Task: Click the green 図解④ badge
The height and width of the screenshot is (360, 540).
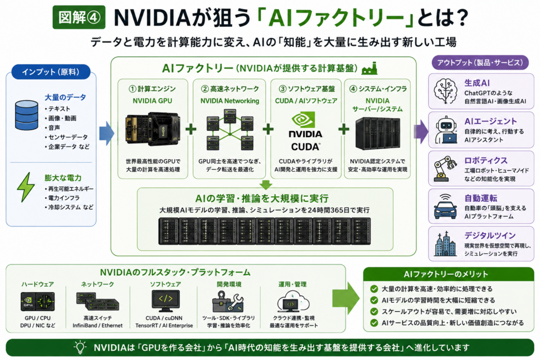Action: pyautogui.click(x=79, y=17)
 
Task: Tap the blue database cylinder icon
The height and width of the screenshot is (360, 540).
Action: pyautogui.click(x=26, y=115)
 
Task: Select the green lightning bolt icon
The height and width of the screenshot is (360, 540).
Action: pyautogui.click(x=26, y=187)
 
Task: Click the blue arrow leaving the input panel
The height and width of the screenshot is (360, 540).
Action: pyautogui.click(x=107, y=133)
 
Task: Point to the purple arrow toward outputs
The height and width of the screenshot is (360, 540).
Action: pyautogui.click(x=421, y=131)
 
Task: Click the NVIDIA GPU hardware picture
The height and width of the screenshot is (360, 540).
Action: pyautogui.click(x=153, y=130)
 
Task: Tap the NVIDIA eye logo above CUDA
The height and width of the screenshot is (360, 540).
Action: pyautogui.click(x=303, y=120)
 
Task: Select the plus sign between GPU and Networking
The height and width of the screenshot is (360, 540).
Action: pyautogui.click(x=191, y=130)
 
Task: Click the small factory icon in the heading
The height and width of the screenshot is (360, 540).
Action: pyautogui.click(x=370, y=68)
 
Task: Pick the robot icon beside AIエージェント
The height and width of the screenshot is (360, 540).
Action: pyautogui.click(x=446, y=130)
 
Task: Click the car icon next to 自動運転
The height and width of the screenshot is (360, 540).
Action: pyautogui.click(x=445, y=206)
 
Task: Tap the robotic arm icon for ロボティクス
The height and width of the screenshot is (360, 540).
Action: pyautogui.click(x=445, y=168)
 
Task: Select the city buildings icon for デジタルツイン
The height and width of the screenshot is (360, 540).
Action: pyautogui.click(x=445, y=244)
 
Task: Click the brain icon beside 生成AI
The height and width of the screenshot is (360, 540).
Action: pyautogui.click(x=445, y=91)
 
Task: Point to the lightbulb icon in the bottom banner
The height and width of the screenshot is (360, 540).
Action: pyautogui.click(x=80, y=347)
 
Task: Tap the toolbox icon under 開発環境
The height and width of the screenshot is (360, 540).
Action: pyautogui.click(x=228, y=301)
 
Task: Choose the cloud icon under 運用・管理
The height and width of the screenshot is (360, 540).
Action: pyautogui.click(x=293, y=301)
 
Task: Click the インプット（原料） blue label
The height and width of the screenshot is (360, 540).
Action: pyautogui.click(x=51, y=72)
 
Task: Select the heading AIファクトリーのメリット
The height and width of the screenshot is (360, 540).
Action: pyautogui.click(x=446, y=274)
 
